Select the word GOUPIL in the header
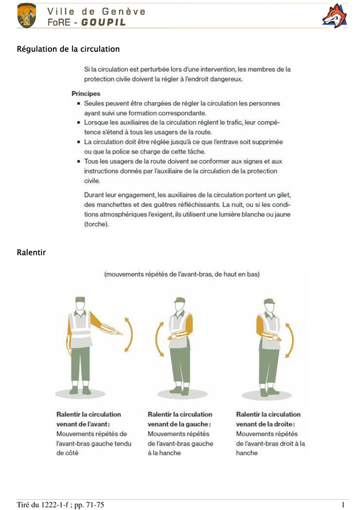[x=104, y=22]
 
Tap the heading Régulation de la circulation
[x=68, y=49]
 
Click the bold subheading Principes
[x=86, y=94]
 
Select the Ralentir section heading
[x=31, y=253]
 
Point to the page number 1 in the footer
[x=343, y=503]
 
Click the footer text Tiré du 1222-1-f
[x=44, y=503]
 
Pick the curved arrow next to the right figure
[x=290, y=339]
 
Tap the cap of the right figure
[x=269, y=299]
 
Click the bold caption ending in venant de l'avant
[x=88, y=419]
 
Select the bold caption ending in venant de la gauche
[x=179, y=419]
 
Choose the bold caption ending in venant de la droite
[x=268, y=419]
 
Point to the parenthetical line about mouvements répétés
[x=182, y=274]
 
